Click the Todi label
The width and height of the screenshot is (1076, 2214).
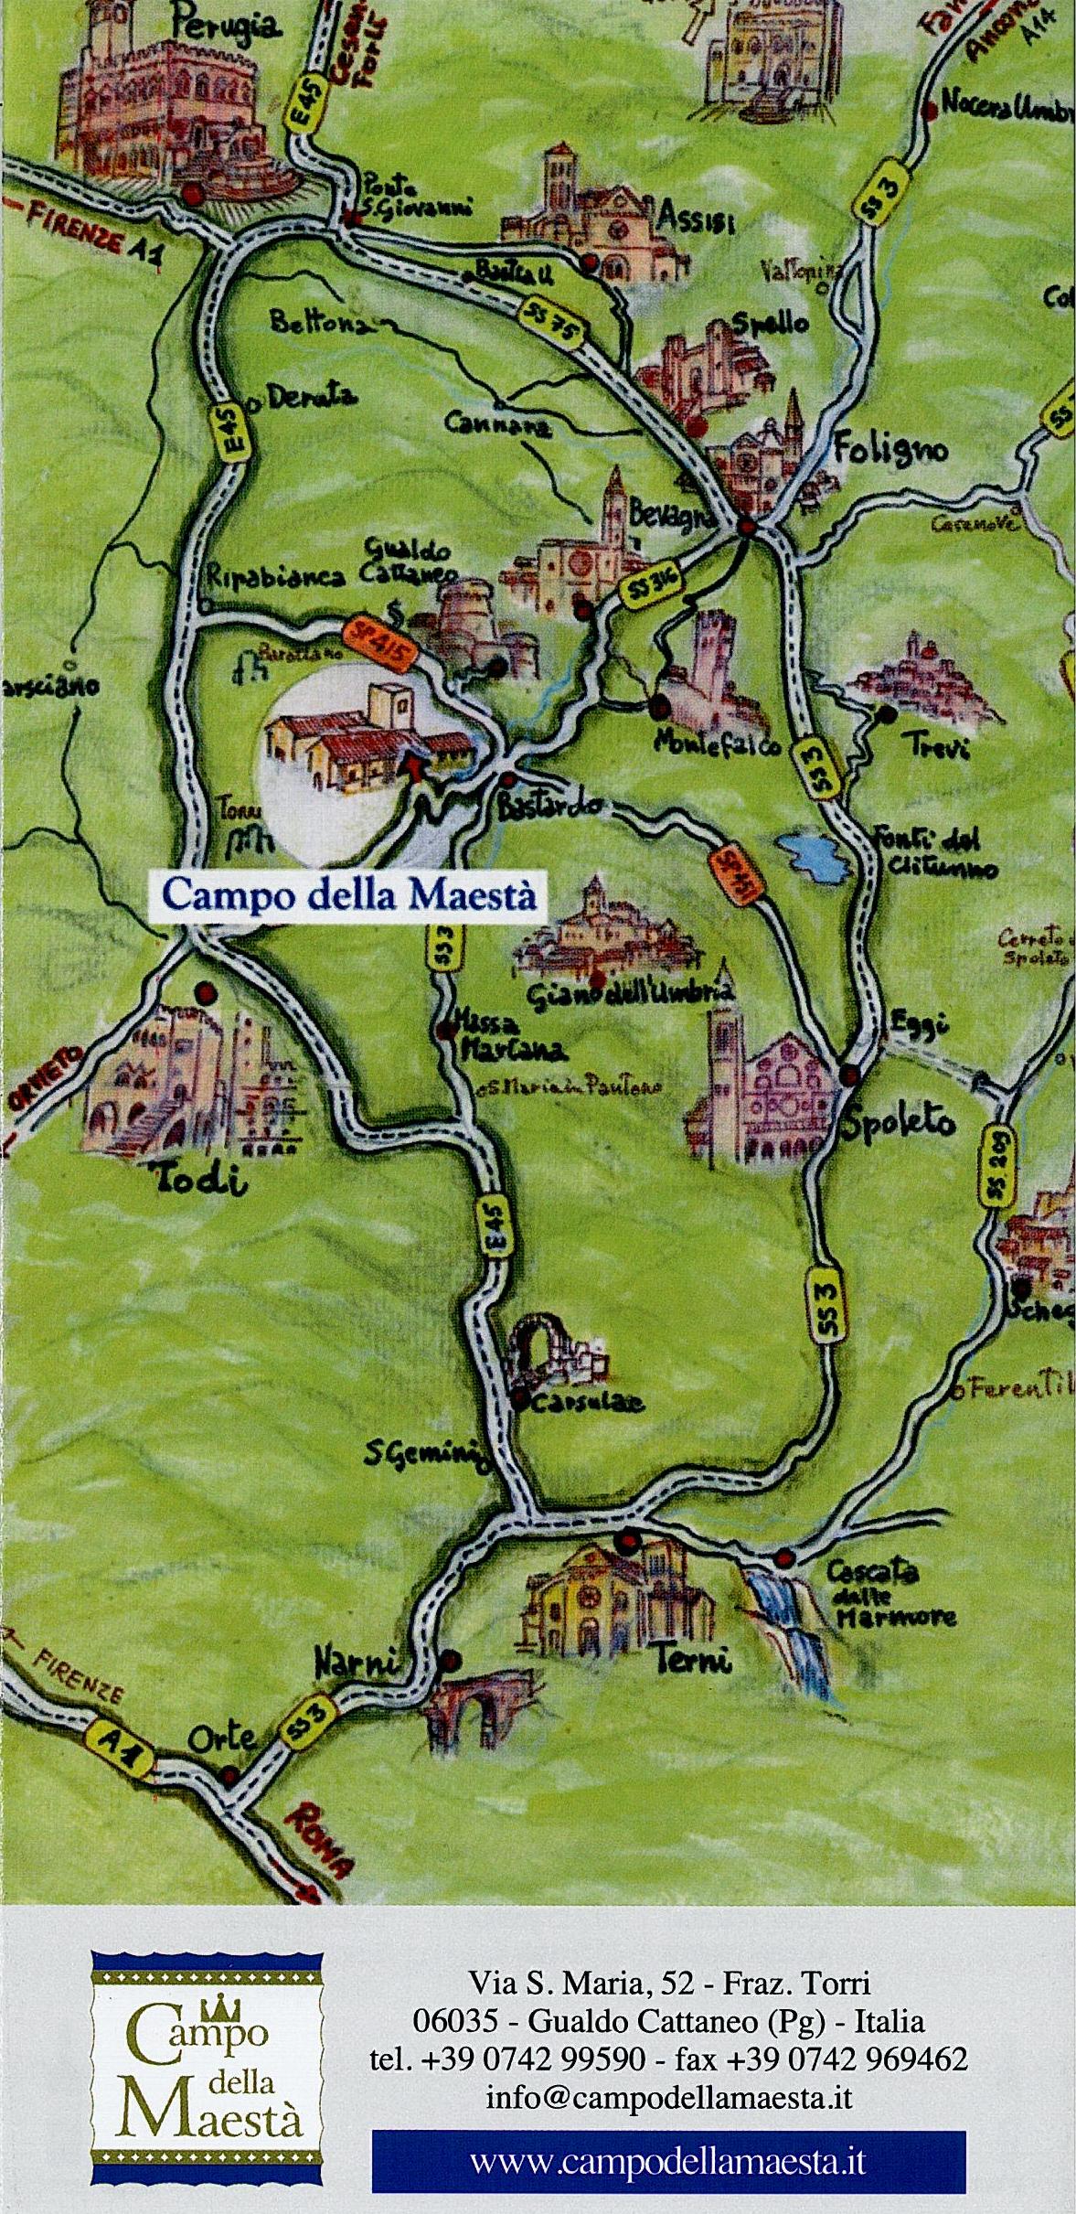click(203, 1182)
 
